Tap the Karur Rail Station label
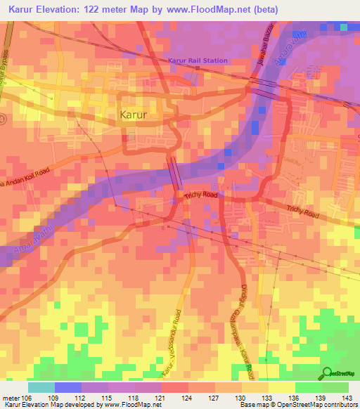click(198, 61)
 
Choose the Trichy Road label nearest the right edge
click(302, 210)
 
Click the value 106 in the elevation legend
click(27, 398)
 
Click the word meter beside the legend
click(10, 398)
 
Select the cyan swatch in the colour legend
click(41, 387)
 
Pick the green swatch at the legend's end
click(335, 387)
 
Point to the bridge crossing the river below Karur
click(174, 173)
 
